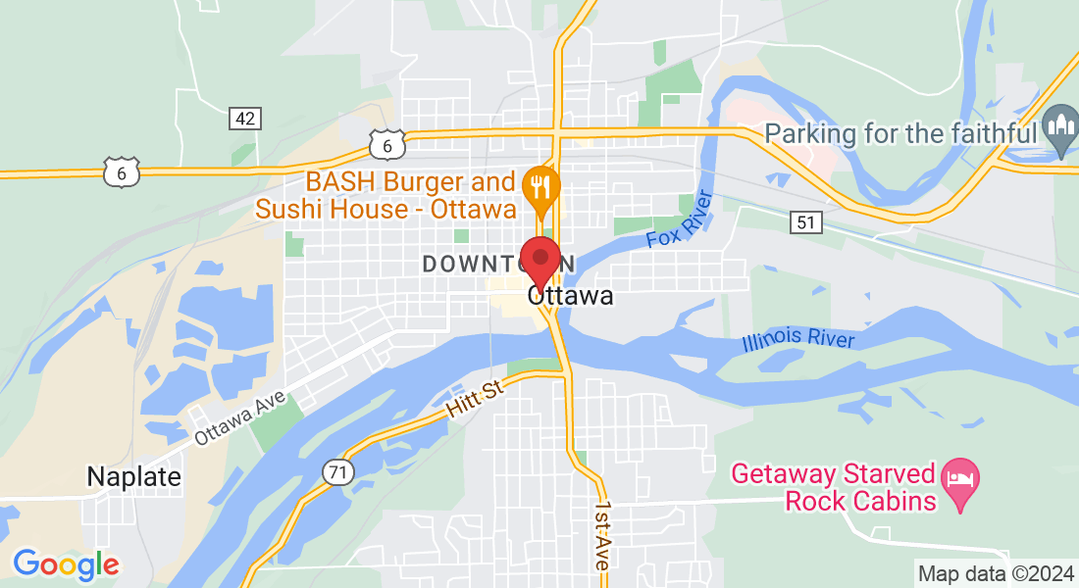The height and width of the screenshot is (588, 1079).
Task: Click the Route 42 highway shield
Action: point(245,119)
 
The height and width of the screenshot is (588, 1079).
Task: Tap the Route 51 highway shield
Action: point(805,223)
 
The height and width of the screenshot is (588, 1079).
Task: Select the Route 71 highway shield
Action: point(337,473)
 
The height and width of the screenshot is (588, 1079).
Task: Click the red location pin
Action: point(539,261)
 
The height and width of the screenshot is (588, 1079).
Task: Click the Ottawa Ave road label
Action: point(239,418)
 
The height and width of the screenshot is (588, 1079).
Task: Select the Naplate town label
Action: point(134,477)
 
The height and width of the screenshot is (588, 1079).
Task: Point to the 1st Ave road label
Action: point(603,538)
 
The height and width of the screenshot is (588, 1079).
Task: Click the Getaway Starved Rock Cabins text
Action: point(834,488)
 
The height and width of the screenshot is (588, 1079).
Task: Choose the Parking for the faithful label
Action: point(900,133)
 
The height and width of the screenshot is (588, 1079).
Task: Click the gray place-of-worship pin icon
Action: point(1059,127)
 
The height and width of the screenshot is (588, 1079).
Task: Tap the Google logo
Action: point(66,564)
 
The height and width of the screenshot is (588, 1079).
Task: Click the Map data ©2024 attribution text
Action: point(994,573)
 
